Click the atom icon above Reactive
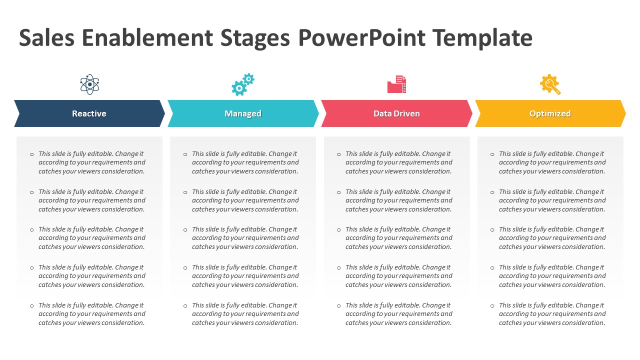89,84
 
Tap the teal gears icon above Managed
242,84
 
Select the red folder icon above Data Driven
396,84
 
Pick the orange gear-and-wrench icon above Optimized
550,84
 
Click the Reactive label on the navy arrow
89,113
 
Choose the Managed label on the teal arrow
243,113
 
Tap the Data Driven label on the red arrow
396,113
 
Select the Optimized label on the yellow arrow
550,113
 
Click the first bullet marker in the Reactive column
32,154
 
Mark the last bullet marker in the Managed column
185,306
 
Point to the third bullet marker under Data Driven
339,230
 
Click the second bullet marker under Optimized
492,192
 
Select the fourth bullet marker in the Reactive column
32,268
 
